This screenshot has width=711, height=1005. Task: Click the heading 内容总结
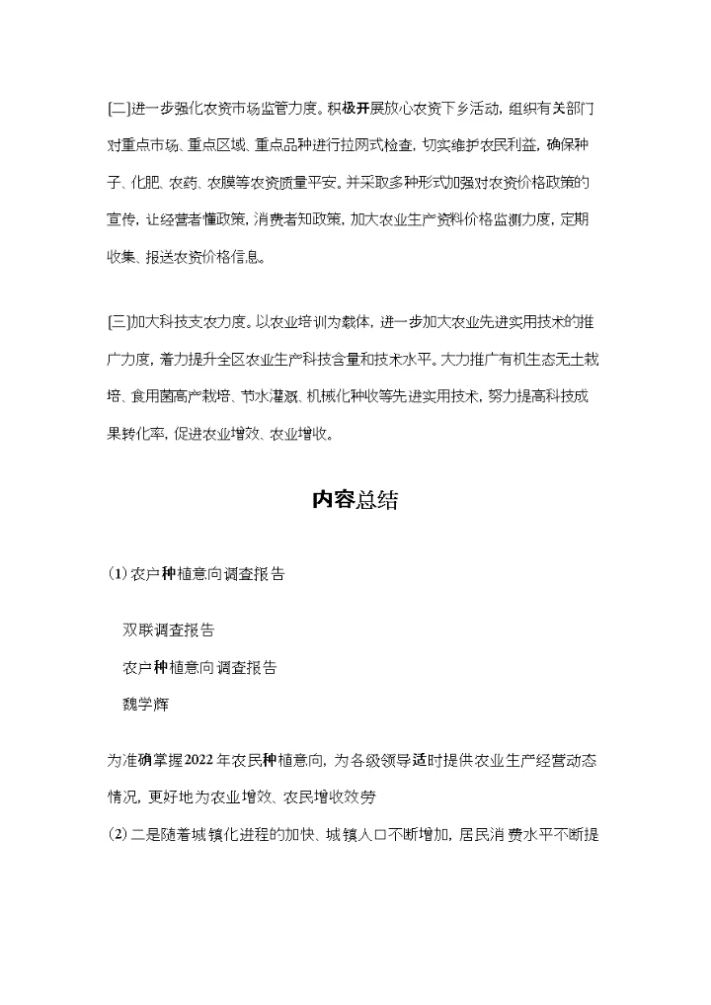pyautogui.click(x=355, y=500)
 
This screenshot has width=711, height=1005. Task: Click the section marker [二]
pyautogui.click(x=118, y=106)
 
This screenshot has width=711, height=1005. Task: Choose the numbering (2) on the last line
pyautogui.click(x=117, y=834)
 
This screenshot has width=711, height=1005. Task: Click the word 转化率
pyautogui.click(x=137, y=433)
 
